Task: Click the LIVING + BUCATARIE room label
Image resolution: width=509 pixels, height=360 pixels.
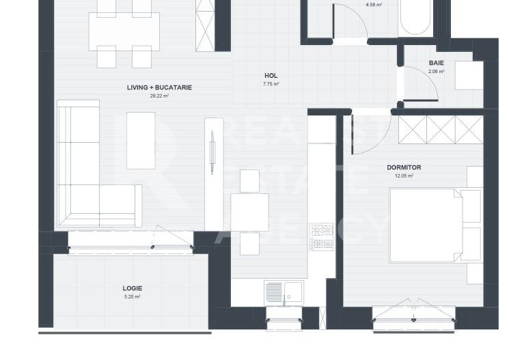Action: (x=159, y=87)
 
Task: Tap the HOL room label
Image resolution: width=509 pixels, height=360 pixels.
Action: (x=271, y=76)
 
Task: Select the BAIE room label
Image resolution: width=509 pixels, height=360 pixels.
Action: (x=437, y=63)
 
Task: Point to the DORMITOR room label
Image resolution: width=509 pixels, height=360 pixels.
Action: (x=404, y=167)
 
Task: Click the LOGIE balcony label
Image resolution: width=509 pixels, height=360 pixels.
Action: (x=132, y=288)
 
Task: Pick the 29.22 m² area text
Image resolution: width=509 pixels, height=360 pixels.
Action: (x=159, y=96)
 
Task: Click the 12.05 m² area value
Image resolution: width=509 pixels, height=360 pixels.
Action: (x=404, y=176)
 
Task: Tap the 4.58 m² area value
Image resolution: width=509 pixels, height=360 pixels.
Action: (x=374, y=4)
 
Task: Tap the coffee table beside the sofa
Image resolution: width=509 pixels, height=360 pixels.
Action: (x=141, y=140)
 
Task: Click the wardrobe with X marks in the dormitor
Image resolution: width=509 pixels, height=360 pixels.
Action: (x=441, y=129)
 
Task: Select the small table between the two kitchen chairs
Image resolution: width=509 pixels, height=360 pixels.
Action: (x=249, y=212)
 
